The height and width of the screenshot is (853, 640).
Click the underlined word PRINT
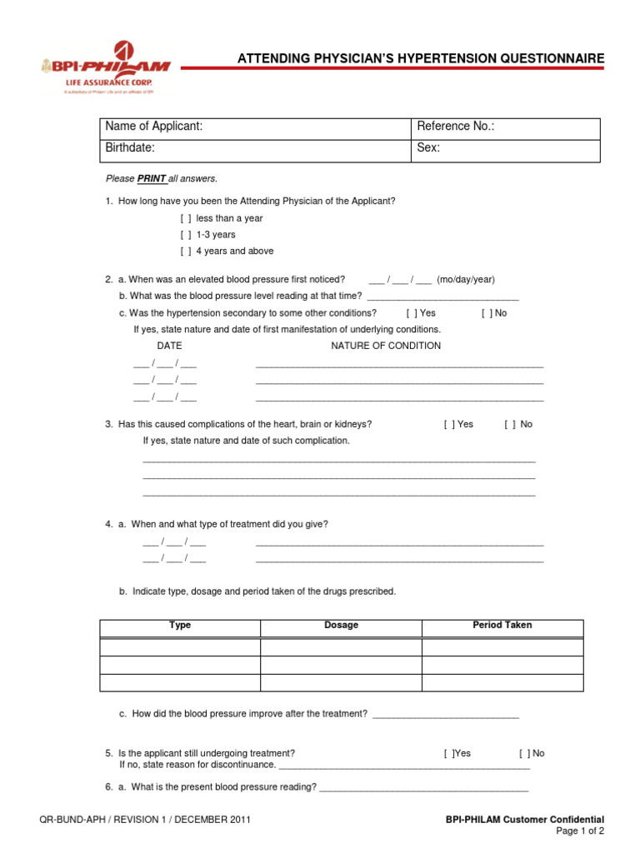152,178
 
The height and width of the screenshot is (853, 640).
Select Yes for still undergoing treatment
448,753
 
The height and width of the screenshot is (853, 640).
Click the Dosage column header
341,625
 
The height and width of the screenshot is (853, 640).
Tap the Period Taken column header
502,625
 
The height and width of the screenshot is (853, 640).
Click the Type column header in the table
180,625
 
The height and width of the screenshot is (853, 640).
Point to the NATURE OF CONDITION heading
386,346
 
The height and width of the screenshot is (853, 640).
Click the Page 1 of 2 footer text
580,831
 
